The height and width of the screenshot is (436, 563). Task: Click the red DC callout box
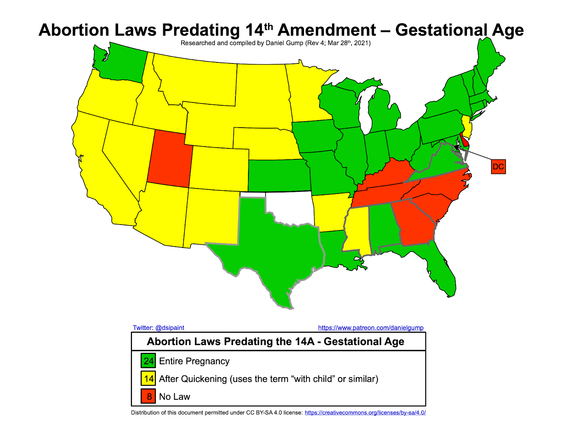(498, 167)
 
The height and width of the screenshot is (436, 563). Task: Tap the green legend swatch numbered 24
(148, 361)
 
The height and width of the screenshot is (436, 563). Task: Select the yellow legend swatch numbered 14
(148, 379)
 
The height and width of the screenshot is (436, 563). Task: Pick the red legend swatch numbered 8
(148, 396)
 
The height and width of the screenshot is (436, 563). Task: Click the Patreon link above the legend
(371, 328)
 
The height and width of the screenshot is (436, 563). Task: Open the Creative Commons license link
(365, 413)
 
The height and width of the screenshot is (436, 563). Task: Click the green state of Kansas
(278, 175)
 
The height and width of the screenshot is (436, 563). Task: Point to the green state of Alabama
(384, 226)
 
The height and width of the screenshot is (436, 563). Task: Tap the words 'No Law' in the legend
(175, 397)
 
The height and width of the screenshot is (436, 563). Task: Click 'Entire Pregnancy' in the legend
(194, 361)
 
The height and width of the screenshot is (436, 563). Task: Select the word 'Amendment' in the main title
(327, 30)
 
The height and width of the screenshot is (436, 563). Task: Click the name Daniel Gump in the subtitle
(284, 43)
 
